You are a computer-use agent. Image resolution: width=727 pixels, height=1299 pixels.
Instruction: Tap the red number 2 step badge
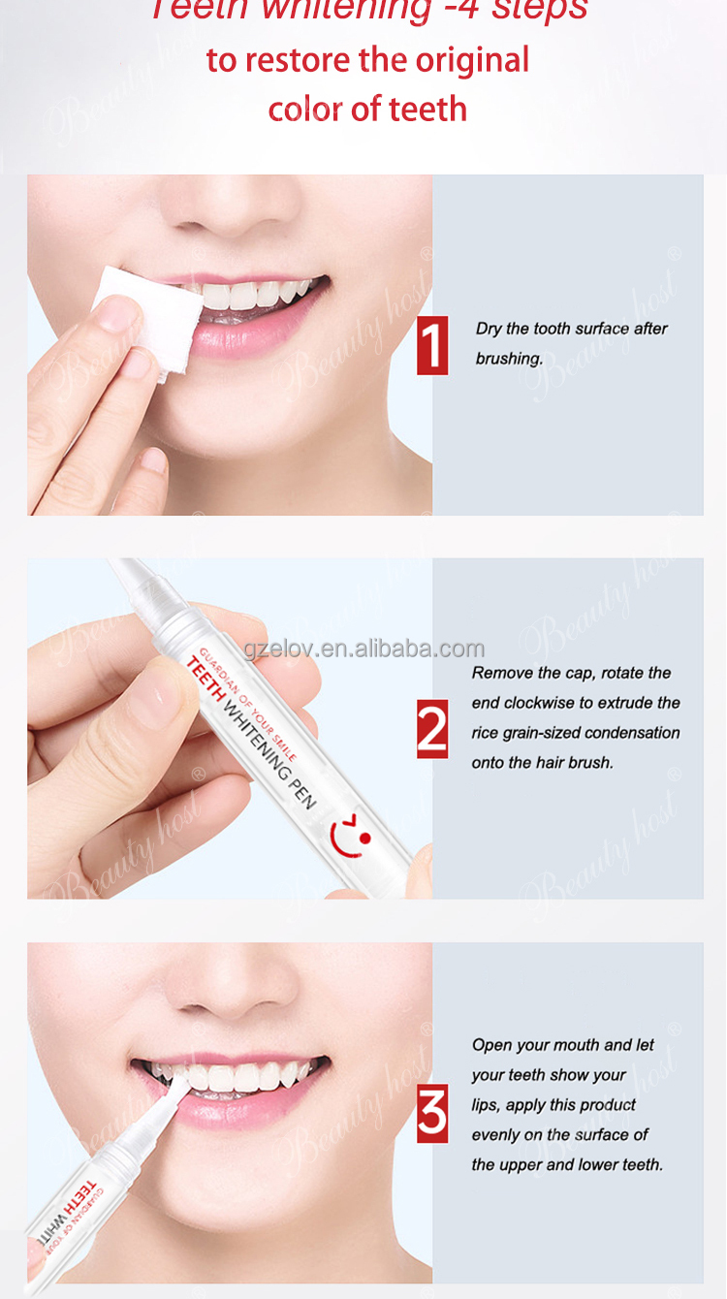[x=432, y=728]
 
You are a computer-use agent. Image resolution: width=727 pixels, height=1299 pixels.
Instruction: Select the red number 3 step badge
[x=432, y=1113]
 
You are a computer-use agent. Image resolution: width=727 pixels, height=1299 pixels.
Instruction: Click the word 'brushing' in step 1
[x=508, y=359]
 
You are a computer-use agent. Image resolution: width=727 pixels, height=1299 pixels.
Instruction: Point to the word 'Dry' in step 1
[x=489, y=329]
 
